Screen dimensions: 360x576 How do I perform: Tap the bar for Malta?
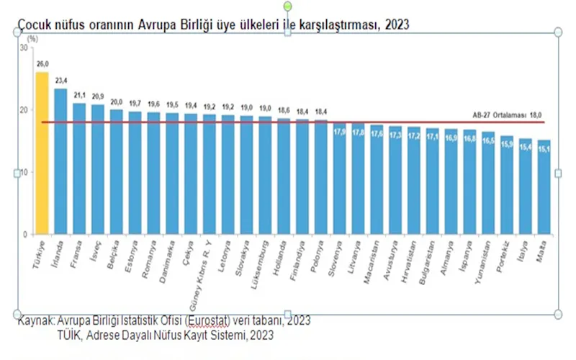(544, 187)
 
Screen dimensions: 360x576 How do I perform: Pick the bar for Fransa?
(78, 168)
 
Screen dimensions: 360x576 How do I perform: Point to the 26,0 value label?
(42, 64)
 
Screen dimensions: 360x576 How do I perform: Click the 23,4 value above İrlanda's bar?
(60, 81)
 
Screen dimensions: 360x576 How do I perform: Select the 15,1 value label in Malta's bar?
(544, 149)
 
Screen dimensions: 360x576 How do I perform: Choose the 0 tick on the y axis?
(24, 235)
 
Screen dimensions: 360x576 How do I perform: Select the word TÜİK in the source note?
(71, 335)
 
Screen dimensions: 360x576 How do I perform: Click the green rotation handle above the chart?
(288, 6)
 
